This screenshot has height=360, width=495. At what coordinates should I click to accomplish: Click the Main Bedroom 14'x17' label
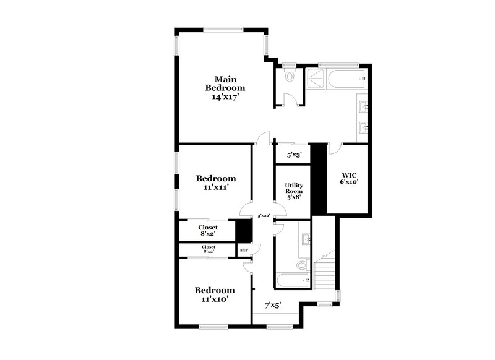(225, 88)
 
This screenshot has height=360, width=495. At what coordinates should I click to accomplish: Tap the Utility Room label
(293, 192)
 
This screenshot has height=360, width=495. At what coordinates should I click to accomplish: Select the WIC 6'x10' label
(350, 178)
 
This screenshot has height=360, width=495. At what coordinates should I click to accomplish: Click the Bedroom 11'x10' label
(215, 294)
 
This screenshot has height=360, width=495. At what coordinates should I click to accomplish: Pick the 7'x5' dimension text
(273, 305)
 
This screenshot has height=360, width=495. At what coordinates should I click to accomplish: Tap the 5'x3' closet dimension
(293, 155)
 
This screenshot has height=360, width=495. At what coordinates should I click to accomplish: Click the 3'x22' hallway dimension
(264, 216)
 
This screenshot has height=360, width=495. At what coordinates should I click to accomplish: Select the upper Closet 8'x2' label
(208, 231)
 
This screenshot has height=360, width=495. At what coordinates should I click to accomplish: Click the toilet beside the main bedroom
(290, 77)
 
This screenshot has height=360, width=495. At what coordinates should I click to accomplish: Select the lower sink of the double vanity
(364, 129)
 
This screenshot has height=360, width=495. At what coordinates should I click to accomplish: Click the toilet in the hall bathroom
(301, 265)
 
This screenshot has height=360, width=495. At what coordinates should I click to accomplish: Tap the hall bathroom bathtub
(293, 281)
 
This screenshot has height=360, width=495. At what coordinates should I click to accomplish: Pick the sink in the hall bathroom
(305, 239)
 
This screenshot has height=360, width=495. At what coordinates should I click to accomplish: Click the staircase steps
(324, 272)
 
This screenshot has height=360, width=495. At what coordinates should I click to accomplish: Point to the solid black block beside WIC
(317, 179)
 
